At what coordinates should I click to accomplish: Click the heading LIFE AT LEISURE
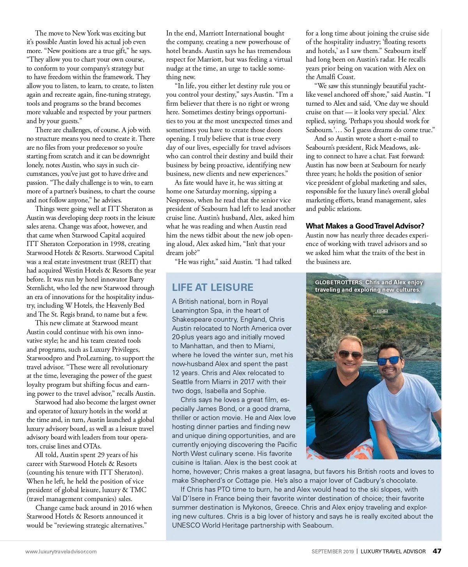[213, 287]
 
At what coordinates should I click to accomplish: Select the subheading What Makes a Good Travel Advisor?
[365, 226]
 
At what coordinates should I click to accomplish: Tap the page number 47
[437, 551]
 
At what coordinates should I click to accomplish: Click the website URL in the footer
[61, 551]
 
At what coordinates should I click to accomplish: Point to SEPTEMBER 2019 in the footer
[332, 551]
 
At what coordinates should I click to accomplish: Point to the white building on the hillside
[382, 311]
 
